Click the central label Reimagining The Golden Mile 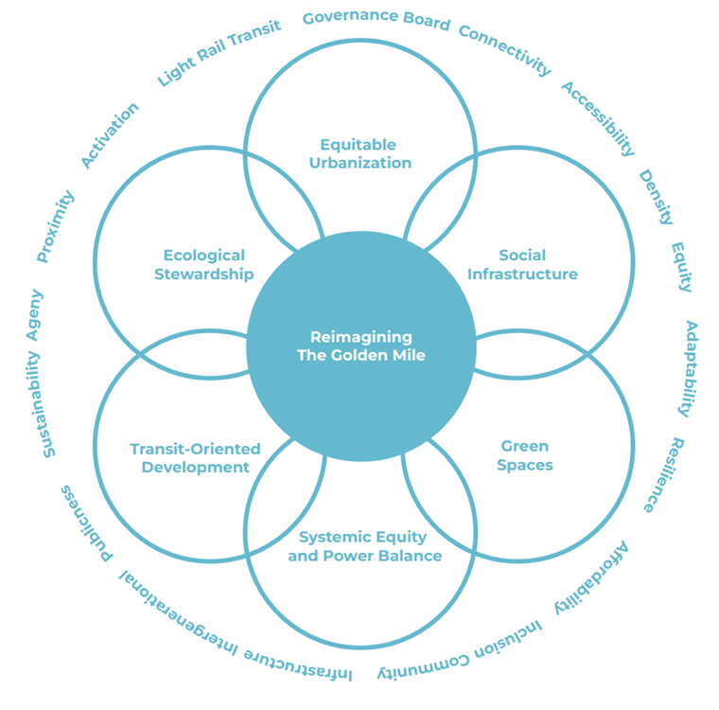tap(360, 346)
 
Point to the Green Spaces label tap(525, 455)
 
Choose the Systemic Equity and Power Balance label tap(364, 547)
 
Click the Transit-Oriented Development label tap(195, 458)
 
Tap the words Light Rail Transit tap(219, 53)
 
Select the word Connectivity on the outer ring tap(505, 48)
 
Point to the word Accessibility tap(598, 118)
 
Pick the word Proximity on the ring tap(55, 226)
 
